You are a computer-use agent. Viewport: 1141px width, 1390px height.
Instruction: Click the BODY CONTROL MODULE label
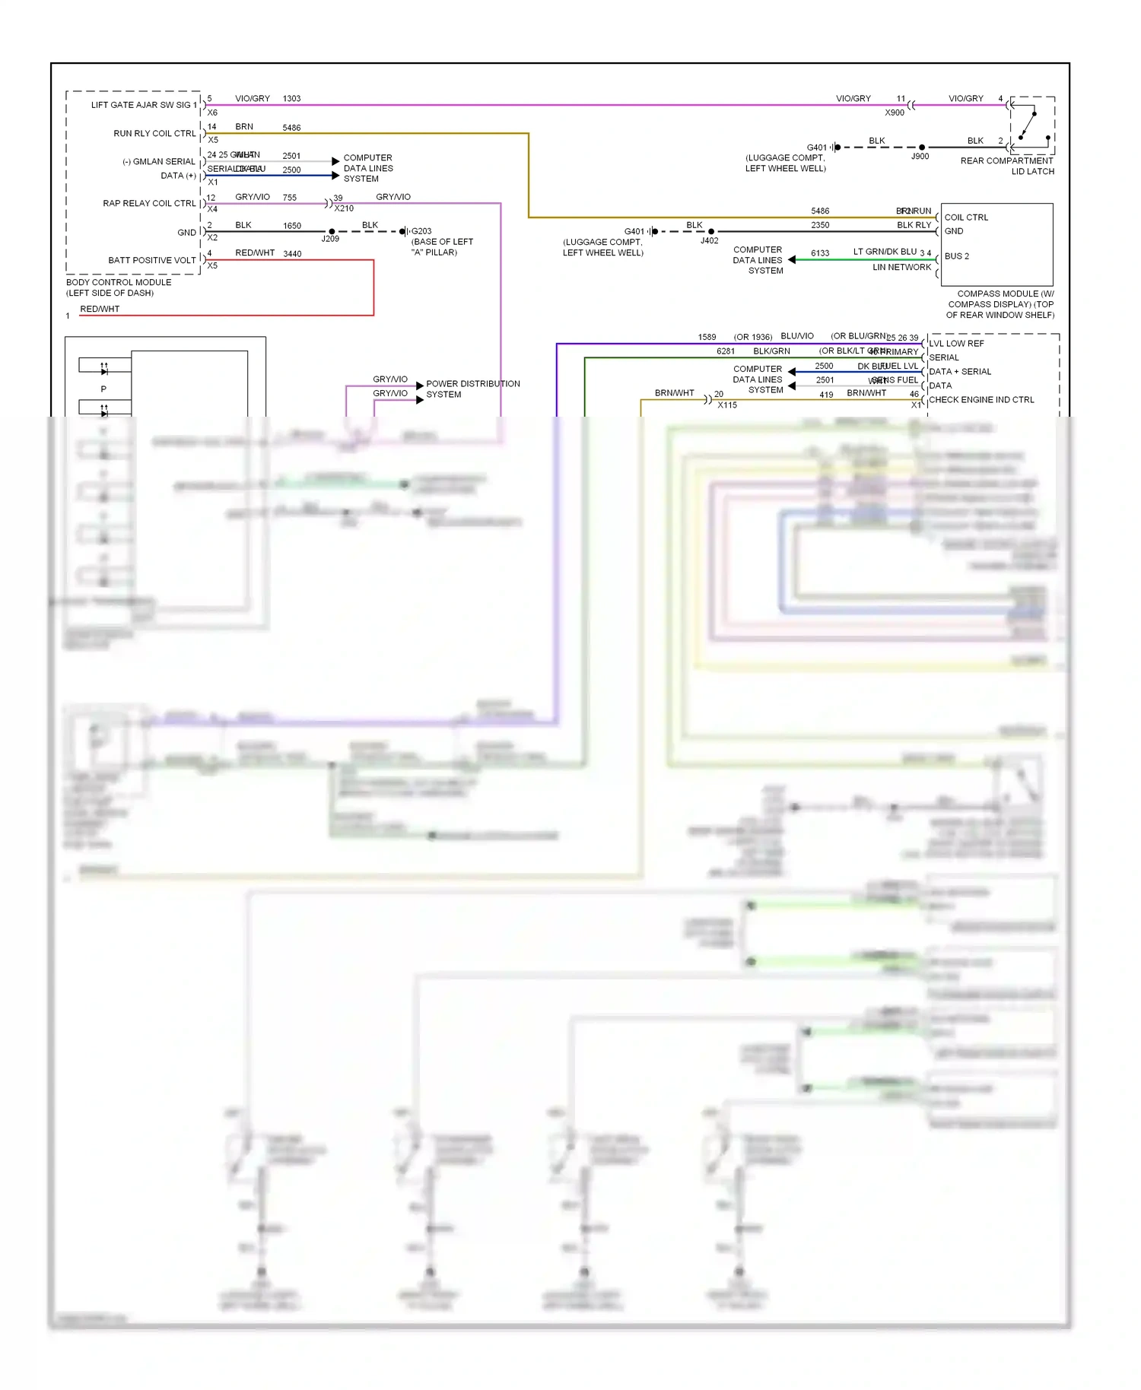119,282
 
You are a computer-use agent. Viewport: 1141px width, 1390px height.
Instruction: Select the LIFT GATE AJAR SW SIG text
141,105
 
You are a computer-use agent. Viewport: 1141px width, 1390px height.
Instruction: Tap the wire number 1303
291,99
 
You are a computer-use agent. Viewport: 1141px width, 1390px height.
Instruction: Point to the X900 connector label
895,113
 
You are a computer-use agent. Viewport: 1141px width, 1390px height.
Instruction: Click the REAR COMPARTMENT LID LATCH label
1007,166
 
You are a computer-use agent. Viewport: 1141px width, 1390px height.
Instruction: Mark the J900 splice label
920,157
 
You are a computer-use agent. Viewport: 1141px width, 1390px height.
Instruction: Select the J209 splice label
330,239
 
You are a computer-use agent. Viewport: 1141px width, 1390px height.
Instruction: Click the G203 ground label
421,231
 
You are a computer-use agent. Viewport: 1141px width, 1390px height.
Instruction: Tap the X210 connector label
344,208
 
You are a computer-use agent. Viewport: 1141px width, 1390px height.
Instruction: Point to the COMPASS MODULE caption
1000,304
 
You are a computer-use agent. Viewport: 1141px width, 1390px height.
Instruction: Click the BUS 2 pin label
957,256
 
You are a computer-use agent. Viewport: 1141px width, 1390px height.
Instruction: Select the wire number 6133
820,253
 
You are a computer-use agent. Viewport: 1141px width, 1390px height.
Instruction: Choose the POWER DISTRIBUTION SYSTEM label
472,389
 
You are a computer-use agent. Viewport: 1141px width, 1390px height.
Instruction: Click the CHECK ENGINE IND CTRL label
981,400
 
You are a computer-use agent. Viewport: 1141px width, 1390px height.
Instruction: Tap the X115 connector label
727,405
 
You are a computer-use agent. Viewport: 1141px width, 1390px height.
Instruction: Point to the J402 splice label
709,241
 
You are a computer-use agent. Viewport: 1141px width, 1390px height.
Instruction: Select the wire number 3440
292,254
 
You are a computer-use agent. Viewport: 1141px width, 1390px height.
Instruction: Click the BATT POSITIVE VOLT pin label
152,260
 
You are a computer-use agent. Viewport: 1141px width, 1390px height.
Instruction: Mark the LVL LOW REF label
956,344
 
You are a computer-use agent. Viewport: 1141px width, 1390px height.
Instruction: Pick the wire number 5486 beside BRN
291,128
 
